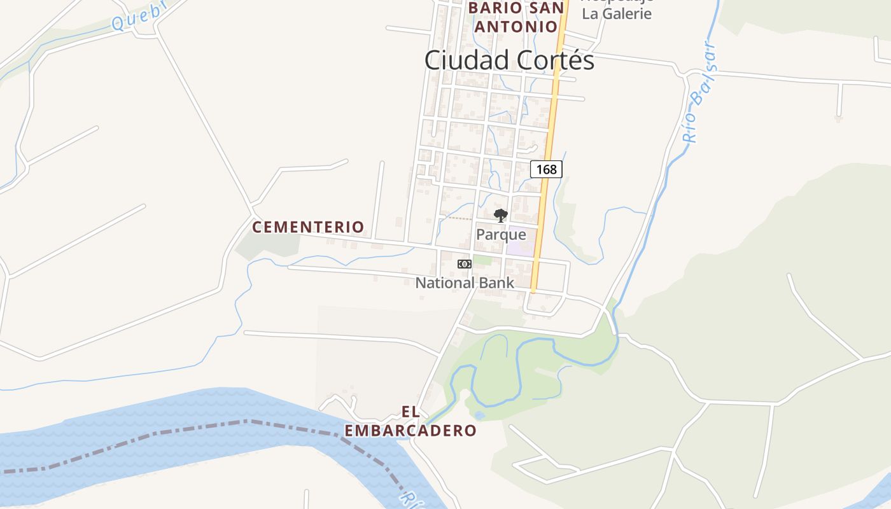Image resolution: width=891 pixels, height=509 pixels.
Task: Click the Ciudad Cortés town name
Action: (509, 60)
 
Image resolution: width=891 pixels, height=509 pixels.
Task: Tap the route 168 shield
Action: (546, 169)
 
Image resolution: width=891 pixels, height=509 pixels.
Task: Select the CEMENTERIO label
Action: (308, 227)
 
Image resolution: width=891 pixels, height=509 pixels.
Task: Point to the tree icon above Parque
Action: (501, 215)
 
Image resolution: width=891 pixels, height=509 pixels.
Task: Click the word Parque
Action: (501, 235)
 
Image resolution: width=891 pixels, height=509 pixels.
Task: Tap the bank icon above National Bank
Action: (465, 264)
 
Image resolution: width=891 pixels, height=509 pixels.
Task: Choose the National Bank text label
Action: (465, 282)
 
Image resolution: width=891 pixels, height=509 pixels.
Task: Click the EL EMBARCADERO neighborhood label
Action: (410, 421)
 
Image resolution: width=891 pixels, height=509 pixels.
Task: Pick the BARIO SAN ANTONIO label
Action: (516, 17)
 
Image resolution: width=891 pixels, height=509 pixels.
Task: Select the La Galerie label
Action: (617, 13)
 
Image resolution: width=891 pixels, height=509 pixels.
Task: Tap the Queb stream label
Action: (139, 15)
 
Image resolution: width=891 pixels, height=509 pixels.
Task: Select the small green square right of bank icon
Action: (482, 260)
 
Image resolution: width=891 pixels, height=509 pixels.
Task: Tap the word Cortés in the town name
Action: (554, 60)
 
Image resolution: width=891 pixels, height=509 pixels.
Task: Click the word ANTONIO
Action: (516, 27)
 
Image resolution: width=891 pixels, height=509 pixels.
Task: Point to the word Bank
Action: (497, 282)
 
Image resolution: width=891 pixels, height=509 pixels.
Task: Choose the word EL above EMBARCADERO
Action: (410, 412)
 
